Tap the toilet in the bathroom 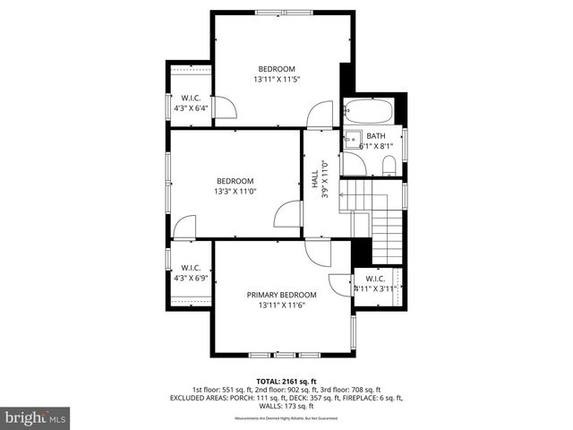click(x=389, y=165)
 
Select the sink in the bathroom click(x=352, y=140)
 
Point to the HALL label click(x=315, y=180)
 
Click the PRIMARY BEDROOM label click(x=282, y=295)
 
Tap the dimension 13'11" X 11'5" click(x=277, y=80)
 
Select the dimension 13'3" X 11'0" click(x=235, y=191)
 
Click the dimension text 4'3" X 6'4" click(x=190, y=108)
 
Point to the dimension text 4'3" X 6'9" click(x=190, y=278)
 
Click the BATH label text click(x=376, y=136)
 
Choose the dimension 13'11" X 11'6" click(x=282, y=305)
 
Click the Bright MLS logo click(x=36, y=417)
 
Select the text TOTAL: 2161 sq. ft click(x=286, y=381)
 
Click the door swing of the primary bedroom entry click(x=315, y=253)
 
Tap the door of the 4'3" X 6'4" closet click(x=226, y=107)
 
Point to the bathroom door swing click(x=353, y=164)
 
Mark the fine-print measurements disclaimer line click(x=286, y=417)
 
